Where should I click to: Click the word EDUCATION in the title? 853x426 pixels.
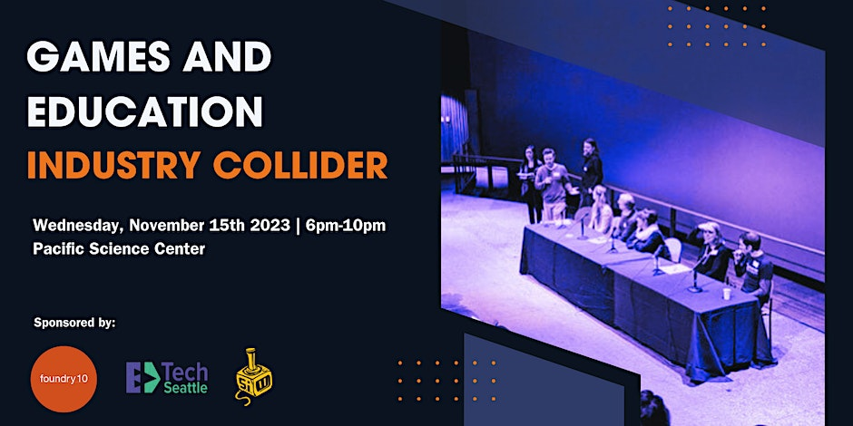144,111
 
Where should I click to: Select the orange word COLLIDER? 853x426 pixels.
300,164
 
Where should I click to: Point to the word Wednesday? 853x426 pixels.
78,226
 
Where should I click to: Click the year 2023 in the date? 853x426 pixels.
270,225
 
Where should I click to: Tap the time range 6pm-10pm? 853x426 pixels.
346,226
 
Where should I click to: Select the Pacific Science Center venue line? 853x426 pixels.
119,249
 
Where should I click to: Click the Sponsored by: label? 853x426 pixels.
74,323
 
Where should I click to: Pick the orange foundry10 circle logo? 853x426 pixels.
64,379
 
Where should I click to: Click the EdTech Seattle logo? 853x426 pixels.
167,378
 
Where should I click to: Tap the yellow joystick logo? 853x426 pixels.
253,376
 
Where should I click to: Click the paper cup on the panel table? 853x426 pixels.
726,294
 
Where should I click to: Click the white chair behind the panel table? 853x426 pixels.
673,249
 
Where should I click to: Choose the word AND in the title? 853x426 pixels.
227,57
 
